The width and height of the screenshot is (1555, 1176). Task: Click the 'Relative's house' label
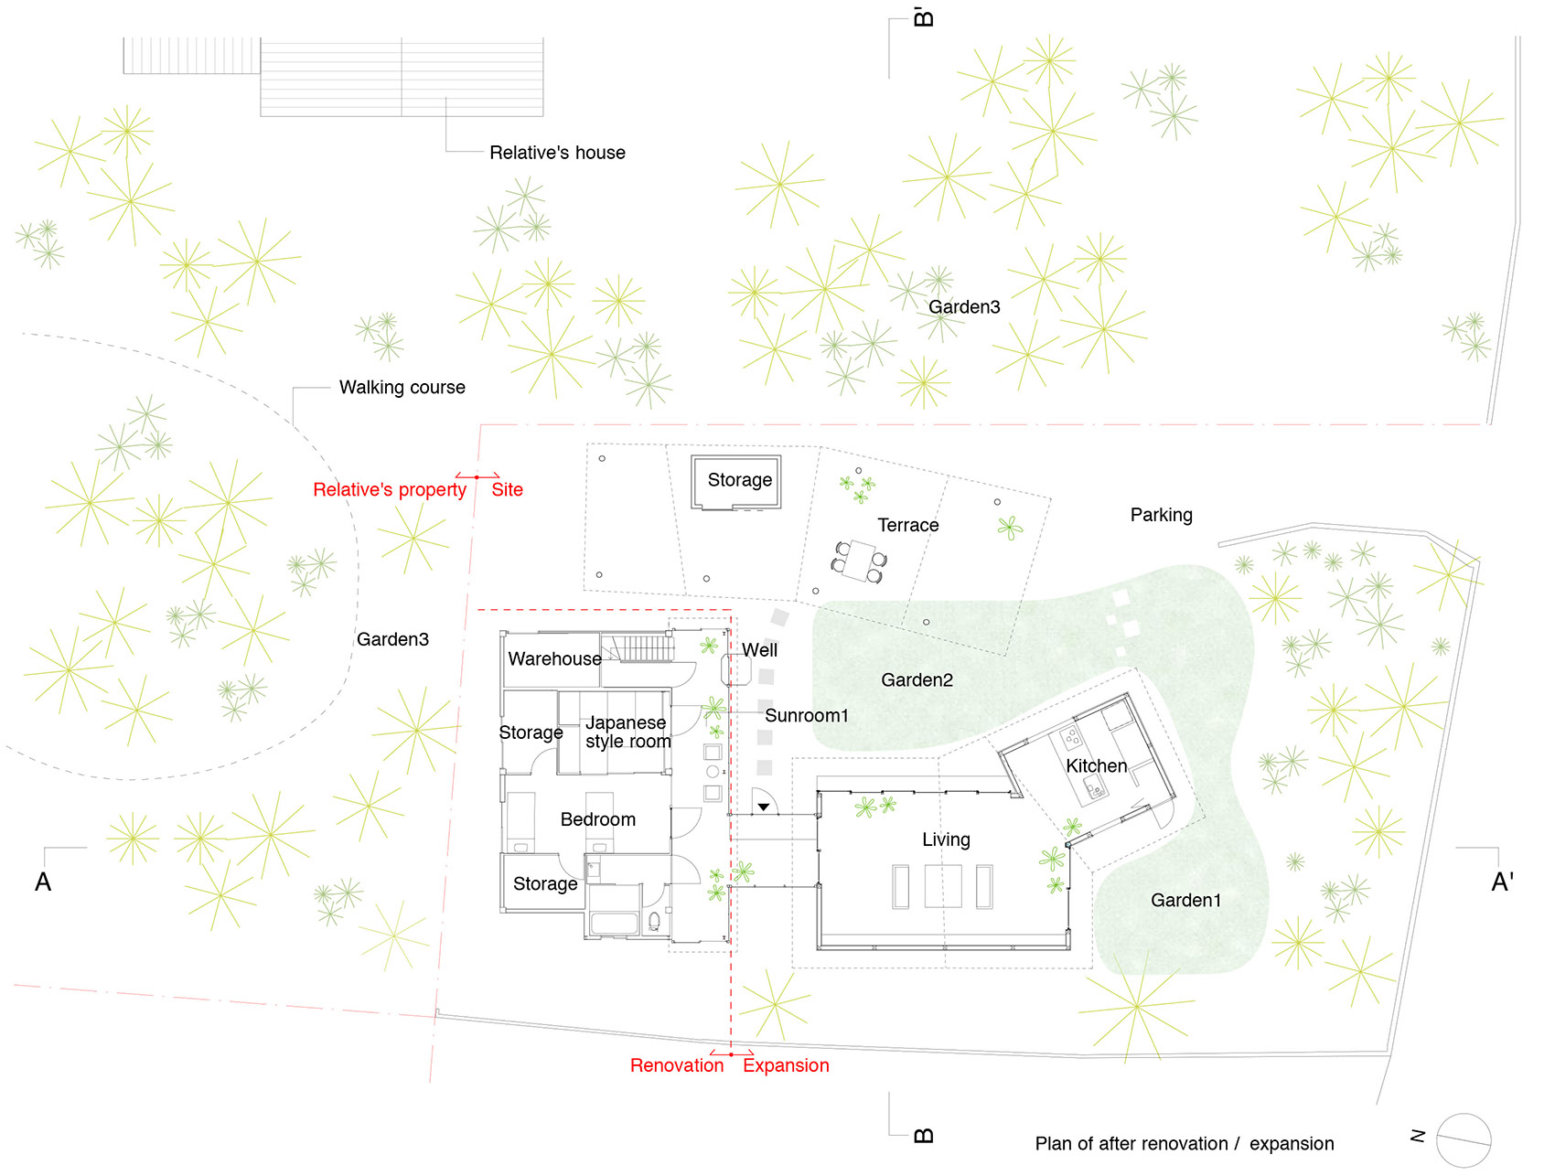click(557, 153)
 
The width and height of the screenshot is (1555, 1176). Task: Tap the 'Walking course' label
click(402, 387)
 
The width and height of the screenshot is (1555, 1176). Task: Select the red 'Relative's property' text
click(390, 489)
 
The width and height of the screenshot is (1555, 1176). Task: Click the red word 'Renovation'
click(677, 1065)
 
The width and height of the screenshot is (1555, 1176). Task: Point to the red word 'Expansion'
click(786, 1065)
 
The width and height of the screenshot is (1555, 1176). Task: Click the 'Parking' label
click(1162, 515)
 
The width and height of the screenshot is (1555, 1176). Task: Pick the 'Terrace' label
click(908, 525)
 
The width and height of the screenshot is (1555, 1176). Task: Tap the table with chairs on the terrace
click(858, 561)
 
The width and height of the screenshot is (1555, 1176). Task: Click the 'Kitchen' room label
click(1096, 765)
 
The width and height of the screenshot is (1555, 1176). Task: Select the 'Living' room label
click(946, 839)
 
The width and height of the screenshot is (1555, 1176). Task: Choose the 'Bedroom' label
click(598, 819)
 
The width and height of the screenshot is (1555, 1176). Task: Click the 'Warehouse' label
click(555, 658)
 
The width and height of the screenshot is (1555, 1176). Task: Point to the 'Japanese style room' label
click(628, 732)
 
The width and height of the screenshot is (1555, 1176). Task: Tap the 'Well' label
click(759, 649)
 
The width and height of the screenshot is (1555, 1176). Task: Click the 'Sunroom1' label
click(807, 715)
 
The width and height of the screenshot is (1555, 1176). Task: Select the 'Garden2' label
click(917, 679)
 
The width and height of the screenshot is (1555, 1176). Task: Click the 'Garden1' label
click(1186, 900)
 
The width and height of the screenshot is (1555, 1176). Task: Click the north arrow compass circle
click(1464, 1141)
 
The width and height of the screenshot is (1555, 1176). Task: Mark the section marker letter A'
click(1503, 882)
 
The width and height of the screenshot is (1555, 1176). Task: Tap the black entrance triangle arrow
click(763, 807)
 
